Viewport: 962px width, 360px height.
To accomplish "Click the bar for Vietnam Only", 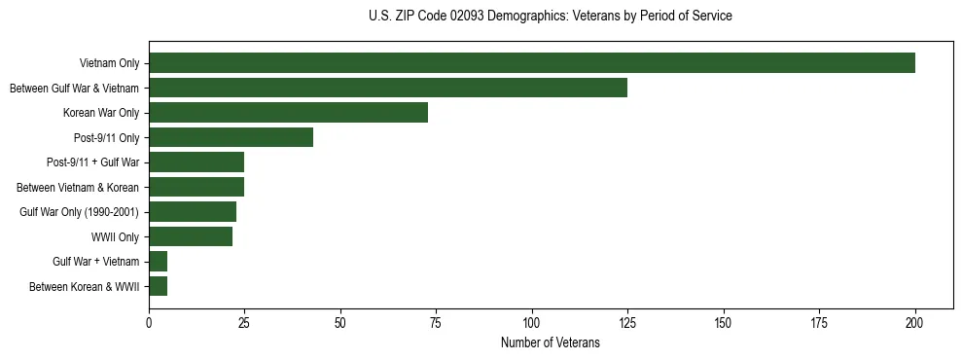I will pos(531,62).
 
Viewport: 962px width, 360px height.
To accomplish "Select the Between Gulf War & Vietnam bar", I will pos(387,88).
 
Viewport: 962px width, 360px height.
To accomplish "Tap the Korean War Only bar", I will pos(288,112).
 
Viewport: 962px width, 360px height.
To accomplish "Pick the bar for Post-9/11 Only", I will pos(231,137).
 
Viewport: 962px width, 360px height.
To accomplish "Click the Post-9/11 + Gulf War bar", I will pos(196,162).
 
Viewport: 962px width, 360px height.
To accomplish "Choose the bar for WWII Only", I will pos(190,236).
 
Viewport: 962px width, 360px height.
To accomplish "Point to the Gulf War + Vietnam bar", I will pos(158,261).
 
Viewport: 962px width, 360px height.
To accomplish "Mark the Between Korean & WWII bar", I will pos(158,286).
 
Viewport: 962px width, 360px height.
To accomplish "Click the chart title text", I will pos(551,17).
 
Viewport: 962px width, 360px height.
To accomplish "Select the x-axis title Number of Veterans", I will pos(551,342).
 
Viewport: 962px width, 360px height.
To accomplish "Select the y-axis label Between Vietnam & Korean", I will pos(78,187).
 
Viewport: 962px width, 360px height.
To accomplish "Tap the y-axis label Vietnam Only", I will pos(109,63).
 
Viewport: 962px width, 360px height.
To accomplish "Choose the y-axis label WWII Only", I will pos(115,236).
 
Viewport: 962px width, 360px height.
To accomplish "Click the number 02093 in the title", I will pos(465,17).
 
